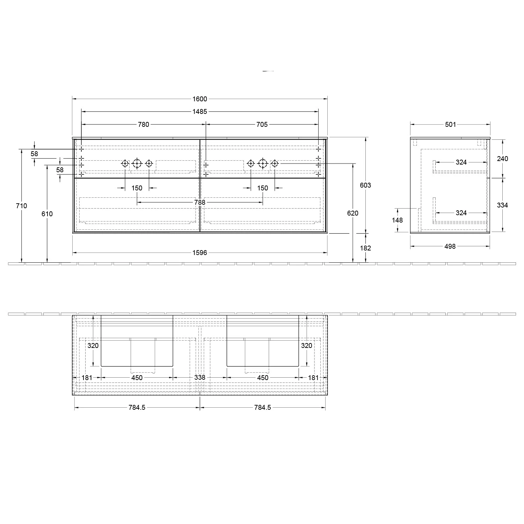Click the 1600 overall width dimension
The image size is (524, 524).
(200, 99)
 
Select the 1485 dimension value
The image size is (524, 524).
(200, 112)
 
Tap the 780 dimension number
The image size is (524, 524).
(144, 124)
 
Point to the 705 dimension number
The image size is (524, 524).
(262, 124)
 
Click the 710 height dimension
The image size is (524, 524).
(22, 206)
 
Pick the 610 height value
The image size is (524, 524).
(47, 214)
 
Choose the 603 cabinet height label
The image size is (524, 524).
(365, 185)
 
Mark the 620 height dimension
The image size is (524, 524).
(353, 213)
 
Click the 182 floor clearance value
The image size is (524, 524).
(365, 248)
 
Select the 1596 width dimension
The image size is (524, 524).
(200, 253)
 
